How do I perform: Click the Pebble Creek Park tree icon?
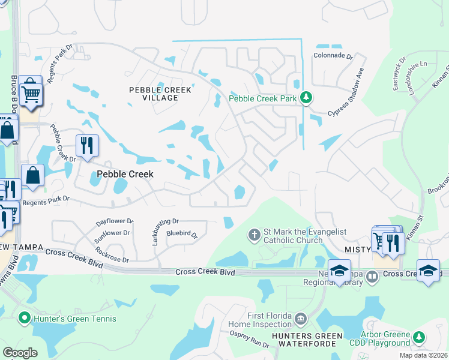coord(306,98)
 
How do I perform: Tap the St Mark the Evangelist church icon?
coord(254,234)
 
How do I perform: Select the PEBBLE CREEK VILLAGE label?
coord(160,95)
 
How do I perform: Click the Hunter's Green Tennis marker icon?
coord(25,318)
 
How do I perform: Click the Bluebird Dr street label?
coord(182,234)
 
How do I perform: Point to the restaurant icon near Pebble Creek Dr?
coord(87,146)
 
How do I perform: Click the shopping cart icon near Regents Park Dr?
coord(31,91)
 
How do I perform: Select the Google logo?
coord(20,352)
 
